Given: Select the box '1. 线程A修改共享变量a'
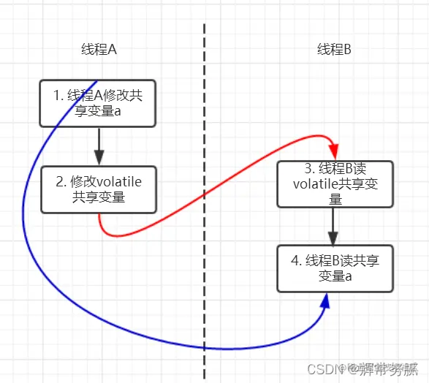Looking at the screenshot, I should point(97,103).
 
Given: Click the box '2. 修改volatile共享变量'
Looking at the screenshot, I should point(98,190).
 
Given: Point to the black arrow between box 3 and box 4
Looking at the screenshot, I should point(333,228).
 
